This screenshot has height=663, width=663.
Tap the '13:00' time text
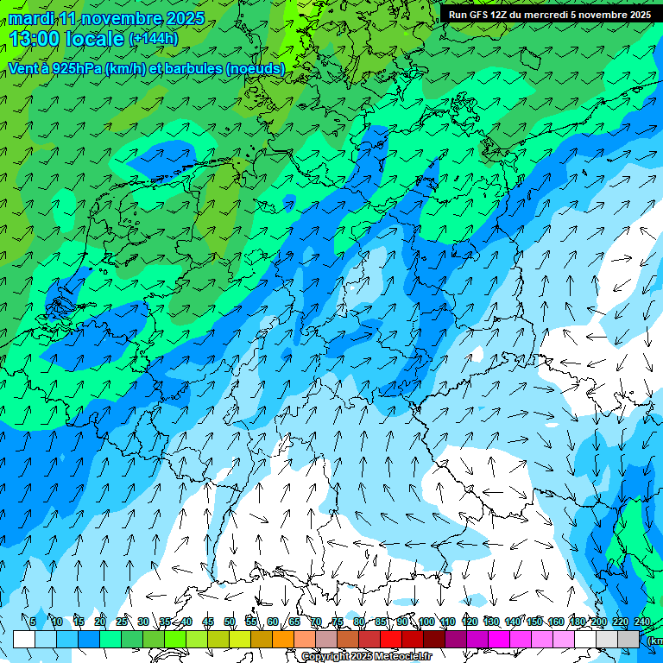[x=35, y=39]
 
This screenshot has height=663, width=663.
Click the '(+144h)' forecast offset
[x=153, y=39]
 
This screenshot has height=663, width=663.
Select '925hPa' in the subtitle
[x=75, y=69]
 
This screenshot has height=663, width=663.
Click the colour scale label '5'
[x=33, y=622]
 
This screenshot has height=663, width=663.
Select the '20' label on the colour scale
[x=99, y=622]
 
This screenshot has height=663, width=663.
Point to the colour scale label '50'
[x=230, y=622]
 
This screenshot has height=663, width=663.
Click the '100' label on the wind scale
[x=426, y=622]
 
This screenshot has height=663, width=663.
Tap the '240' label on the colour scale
[x=641, y=622]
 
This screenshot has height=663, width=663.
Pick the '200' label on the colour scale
[x=599, y=622]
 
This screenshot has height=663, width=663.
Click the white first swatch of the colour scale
[x=24, y=639]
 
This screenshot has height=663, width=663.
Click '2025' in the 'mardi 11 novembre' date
[x=183, y=18]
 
